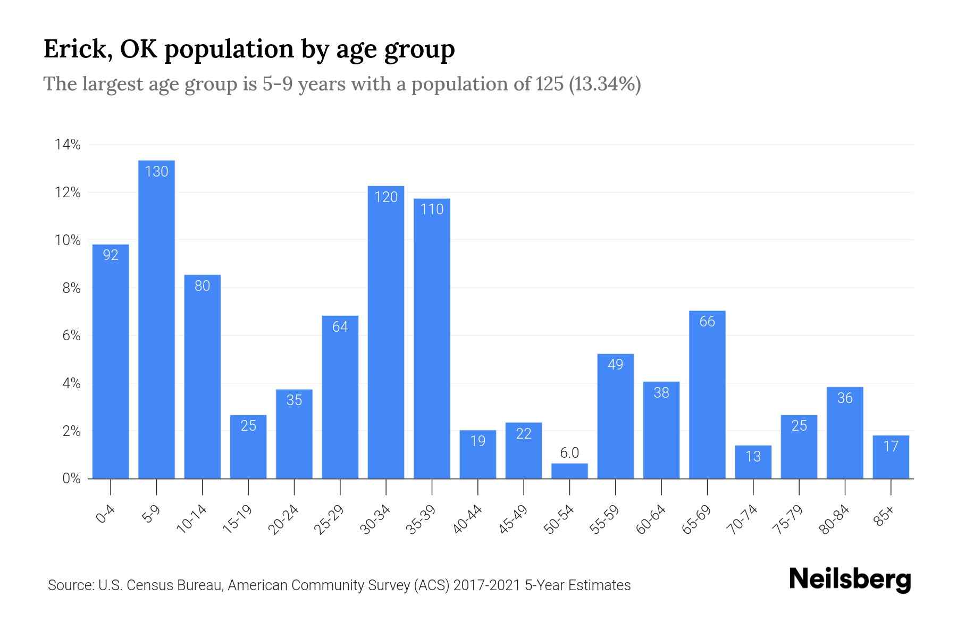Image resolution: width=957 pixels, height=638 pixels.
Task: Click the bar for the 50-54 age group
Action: [569, 471]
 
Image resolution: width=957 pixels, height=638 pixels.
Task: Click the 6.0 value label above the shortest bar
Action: [569, 453]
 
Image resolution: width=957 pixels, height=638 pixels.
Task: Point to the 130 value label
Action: [156, 171]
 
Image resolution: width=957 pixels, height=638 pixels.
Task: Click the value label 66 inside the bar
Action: [707, 321]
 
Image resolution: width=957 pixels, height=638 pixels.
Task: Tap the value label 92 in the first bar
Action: [111, 255]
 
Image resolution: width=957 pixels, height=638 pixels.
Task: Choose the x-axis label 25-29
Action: [329, 519]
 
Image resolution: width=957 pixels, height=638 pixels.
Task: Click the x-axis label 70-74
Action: [742, 519]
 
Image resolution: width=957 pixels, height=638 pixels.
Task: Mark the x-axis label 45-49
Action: [513, 519]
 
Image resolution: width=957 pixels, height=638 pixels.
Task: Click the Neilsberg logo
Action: [850, 580]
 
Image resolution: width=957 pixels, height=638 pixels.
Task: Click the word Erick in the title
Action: [74, 49]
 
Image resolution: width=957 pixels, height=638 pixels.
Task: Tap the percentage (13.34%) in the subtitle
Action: [605, 84]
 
